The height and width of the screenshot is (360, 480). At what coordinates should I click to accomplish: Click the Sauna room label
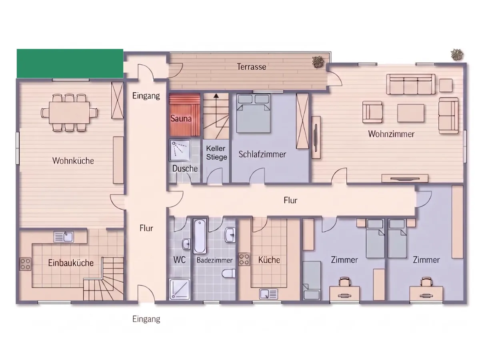(x=181, y=118)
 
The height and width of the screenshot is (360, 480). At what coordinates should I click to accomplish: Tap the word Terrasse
(x=252, y=67)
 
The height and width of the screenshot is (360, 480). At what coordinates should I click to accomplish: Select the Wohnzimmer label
(x=391, y=134)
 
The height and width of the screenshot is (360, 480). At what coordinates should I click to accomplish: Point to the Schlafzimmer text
(x=262, y=154)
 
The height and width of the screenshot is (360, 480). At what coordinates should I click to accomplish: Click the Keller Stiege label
(x=216, y=152)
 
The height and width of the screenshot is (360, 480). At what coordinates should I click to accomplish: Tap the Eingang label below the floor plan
(x=146, y=319)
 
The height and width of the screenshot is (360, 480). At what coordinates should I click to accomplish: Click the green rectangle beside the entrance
(x=70, y=63)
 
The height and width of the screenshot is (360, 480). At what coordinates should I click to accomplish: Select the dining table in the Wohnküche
(x=69, y=113)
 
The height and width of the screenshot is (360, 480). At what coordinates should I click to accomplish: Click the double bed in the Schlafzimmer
(x=254, y=113)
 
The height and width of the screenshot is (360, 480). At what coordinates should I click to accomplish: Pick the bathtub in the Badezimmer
(x=200, y=236)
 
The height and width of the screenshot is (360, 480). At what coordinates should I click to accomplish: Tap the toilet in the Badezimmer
(x=229, y=274)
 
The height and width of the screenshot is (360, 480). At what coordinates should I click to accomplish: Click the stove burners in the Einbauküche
(x=25, y=264)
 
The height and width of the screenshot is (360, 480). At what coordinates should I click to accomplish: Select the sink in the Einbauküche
(x=64, y=237)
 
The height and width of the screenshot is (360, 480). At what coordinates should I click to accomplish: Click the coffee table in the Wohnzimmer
(x=410, y=113)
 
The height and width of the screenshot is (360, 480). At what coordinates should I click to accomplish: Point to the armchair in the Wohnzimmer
(x=372, y=112)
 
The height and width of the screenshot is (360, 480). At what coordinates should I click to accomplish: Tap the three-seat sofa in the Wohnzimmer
(x=410, y=84)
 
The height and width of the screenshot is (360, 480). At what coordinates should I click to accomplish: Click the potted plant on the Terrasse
(x=318, y=62)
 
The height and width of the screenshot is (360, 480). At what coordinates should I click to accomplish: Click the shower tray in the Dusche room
(x=180, y=151)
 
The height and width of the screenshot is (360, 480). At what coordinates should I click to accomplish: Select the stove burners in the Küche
(x=244, y=259)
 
